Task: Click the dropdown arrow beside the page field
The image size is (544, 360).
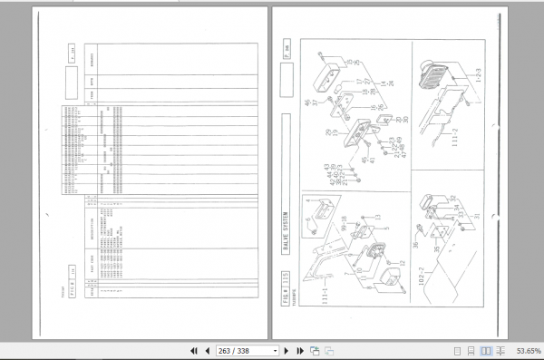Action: point(275,351)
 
